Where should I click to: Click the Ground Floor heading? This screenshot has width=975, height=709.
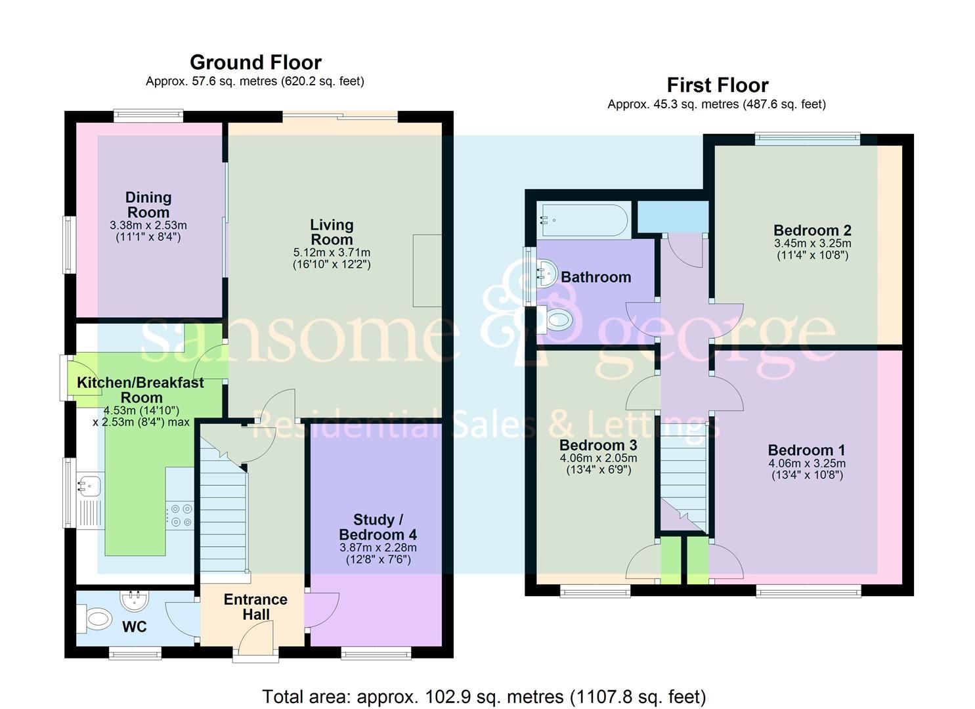pos(255,62)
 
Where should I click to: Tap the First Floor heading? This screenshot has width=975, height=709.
pos(717,85)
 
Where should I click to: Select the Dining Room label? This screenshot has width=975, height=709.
pos(148,205)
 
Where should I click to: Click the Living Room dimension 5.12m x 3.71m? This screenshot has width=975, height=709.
pos(332,253)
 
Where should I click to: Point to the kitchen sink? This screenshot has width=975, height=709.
pos(88,486)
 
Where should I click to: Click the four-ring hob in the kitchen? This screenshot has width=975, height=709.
pos(179,515)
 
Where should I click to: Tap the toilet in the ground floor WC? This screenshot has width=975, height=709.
pos(95,618)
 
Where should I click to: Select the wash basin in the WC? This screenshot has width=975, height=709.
pos(135,599)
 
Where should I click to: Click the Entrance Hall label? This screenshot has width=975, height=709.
pos(255,607)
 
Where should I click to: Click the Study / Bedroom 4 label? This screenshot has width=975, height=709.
pos(378,527)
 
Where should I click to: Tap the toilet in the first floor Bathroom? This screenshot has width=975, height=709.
pos(558,320)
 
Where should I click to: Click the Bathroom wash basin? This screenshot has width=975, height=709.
pos(546,270)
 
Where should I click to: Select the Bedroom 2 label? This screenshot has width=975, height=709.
pos(812,230)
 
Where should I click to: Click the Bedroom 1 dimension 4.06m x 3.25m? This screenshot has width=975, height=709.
pos(807,463)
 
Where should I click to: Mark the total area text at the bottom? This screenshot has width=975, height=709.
pos(484,696)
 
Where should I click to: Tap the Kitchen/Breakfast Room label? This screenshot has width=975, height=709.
pos(141,390)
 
